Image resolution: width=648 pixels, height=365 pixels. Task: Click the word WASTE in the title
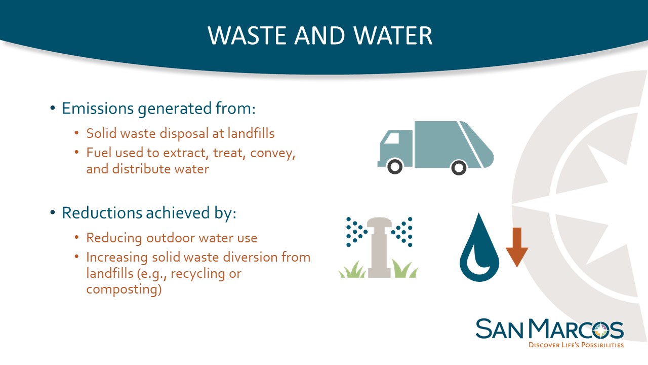tap(247, 35)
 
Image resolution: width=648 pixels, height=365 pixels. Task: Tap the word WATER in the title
tap(393, 35)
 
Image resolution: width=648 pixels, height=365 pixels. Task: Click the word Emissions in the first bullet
tap(98, 108)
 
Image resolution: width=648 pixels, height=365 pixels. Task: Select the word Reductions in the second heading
tap(102, 212)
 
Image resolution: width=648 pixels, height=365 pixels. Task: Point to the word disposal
tap(184, 133)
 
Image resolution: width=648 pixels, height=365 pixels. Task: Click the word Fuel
tap(99, 153)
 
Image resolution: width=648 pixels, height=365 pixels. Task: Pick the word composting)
tap(124, 289)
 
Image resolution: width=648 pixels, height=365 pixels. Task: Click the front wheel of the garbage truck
tap(394, 167)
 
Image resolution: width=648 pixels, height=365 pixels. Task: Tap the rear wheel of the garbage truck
tap(459, 167)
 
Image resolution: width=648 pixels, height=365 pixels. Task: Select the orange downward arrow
tap(517, 247)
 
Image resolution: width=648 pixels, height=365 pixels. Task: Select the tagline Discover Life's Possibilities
tap(576, 345)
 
